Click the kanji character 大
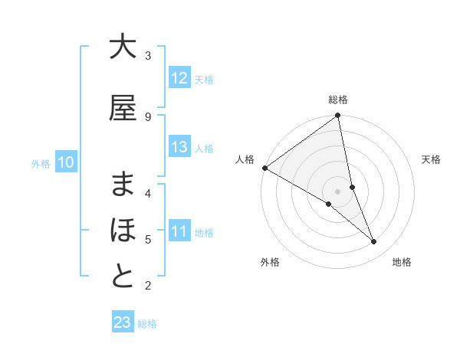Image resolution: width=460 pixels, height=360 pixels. (123, 47)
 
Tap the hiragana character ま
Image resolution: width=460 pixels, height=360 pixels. (123, 184)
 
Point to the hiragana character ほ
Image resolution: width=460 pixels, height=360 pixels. (123, 231)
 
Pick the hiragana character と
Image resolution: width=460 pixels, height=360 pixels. (123, 277)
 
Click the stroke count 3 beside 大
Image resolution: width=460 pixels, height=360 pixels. (148, 56)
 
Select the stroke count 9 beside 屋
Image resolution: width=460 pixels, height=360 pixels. (148, 116)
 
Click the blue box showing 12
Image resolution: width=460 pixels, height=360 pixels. (179, 77)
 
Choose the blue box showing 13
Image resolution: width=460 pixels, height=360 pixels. (179, 147)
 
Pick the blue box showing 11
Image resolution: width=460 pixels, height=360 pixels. (179, 231)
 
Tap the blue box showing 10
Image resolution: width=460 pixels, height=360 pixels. (66, 162)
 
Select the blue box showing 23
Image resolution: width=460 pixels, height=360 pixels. (123, 322)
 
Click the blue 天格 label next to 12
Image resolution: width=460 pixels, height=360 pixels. (204, 79)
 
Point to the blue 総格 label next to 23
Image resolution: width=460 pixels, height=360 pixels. (147, 324)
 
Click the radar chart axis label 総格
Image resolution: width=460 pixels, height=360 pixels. (338, 100)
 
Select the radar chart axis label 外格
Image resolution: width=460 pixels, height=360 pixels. (270, 262)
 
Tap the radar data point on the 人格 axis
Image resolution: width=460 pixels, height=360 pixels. (264, 168)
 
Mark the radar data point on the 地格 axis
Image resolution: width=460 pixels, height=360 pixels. (374, 242)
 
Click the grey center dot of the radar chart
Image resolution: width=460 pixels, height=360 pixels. (337, 191)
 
